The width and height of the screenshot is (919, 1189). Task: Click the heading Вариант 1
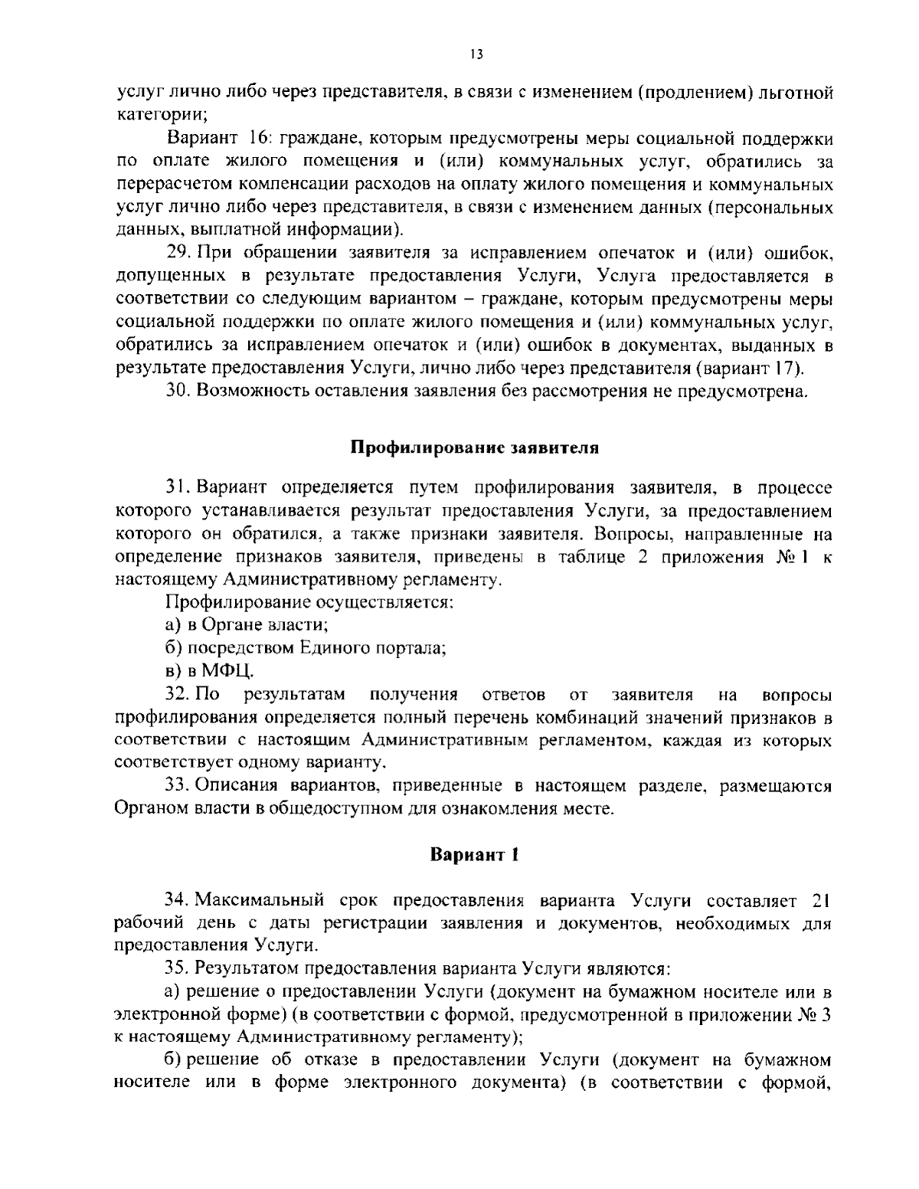(x=475, y=854)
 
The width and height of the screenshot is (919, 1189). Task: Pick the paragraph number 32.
(x=178, y=695)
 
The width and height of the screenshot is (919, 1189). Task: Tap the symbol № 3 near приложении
(x=815, y=1015)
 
